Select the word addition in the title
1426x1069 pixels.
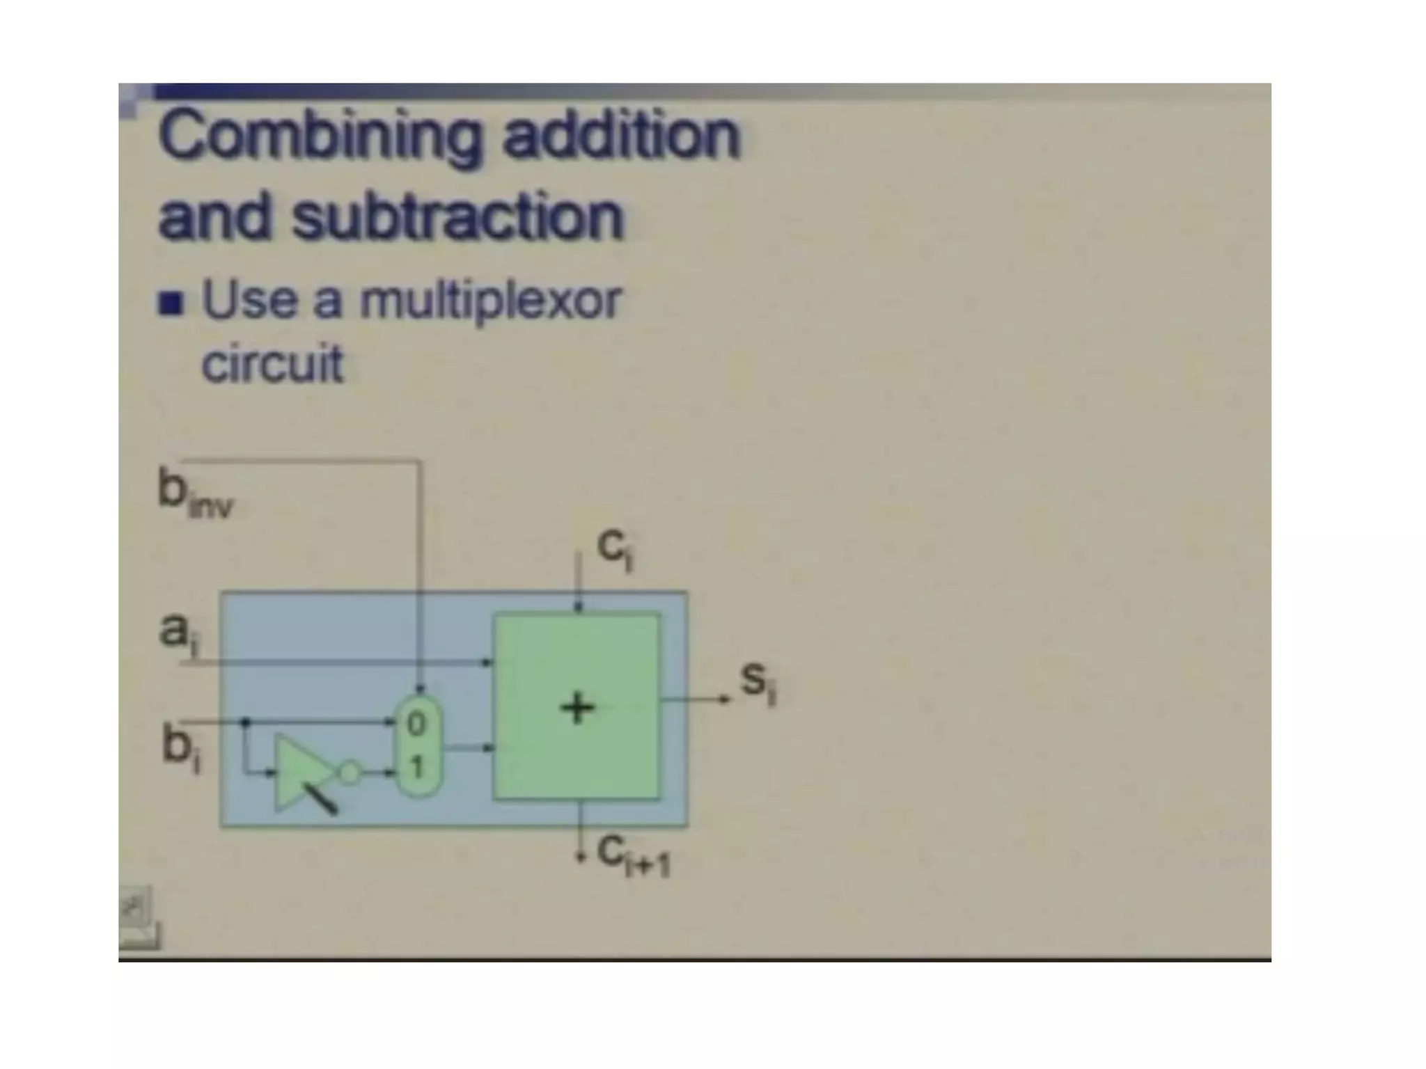tap(620, 135)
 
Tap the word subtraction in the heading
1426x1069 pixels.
tap(457, 217)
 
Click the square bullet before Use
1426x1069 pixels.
tap(171, 303)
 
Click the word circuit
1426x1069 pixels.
tap(272, 363)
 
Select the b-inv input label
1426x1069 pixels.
tap(194, 493)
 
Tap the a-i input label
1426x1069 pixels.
tap(178, 633)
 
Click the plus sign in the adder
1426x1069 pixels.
tap(577, 709)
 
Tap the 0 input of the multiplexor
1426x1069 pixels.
tap(416, 724)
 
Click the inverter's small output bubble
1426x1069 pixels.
tap(350, 772)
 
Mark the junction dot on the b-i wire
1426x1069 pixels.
tap(244, 722)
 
